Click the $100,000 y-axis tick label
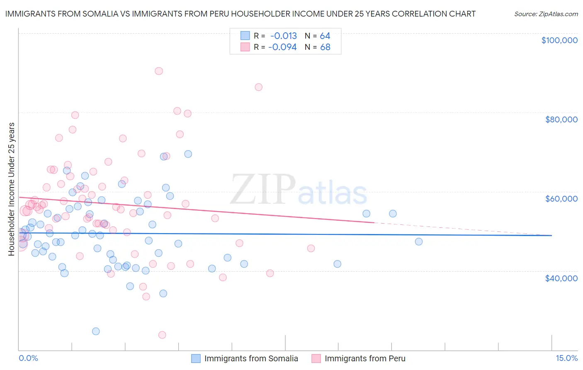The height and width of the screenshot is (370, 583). tap(559, 40)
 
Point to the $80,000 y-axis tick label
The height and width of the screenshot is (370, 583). tap(561, 119)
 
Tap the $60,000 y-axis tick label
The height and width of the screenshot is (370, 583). tap(561, 199)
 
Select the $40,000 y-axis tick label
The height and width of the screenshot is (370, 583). tap(561, 278)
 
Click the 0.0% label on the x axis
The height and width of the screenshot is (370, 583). tap(28, 358)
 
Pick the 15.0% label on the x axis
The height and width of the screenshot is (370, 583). tap(566, 358)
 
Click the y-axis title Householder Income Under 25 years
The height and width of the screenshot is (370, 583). tap(12, 189)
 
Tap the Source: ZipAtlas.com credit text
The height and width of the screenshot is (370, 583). tap(546, 14)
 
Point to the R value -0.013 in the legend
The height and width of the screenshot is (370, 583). tap(284, 36)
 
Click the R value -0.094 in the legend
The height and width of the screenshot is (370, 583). tap(283, 47)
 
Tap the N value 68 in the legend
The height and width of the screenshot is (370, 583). tap(326, 47)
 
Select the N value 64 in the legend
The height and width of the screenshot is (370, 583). tap(325, 36)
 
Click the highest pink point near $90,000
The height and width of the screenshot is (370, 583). tap(159, 71)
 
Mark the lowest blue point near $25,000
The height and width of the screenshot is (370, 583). tap(96, 331)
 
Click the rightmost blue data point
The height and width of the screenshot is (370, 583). tap(419, 241)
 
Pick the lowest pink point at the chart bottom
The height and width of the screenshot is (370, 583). tap(162, 335)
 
